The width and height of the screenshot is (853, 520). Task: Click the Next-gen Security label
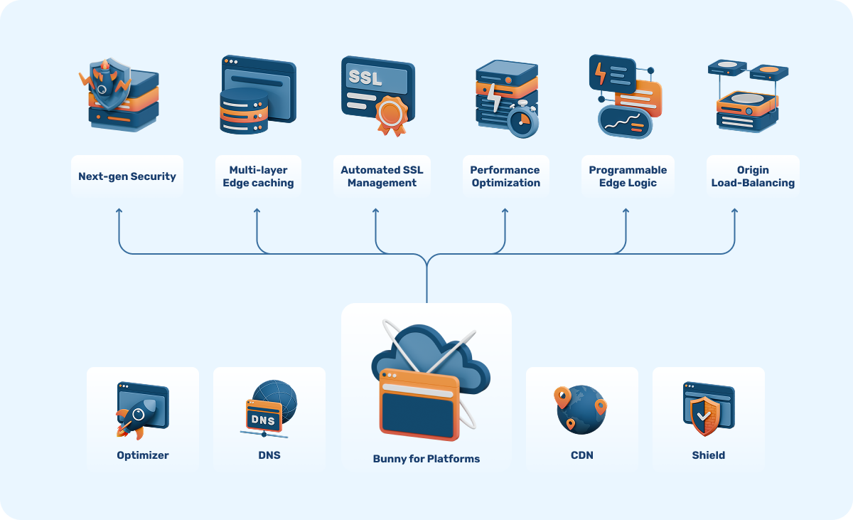coord(127,176)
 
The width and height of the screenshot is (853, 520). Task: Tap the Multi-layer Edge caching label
coord(258,176)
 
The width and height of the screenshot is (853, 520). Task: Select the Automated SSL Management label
coord(382,176)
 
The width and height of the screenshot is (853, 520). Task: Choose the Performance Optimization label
coord(505,176)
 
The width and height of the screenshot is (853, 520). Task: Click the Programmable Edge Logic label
coord(628,176)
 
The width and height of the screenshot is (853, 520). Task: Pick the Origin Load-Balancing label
coord(753,176)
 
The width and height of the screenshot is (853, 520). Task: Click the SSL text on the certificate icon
coord(365,76)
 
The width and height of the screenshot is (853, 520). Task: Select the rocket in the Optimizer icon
coord(132,417)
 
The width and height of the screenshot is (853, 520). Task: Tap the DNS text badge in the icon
coord(262,420)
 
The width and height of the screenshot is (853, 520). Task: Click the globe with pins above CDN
coord(581,409)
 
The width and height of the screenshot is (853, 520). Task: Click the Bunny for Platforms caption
coord(426,459)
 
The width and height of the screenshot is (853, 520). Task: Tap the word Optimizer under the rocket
coord(143,455)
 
